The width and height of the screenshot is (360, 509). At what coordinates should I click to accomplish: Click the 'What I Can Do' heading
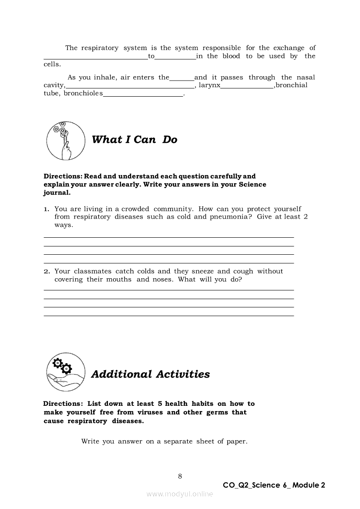pyautogui.click(x=135, y=139)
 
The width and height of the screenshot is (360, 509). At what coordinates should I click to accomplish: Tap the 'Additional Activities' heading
pyautogui.click(x=150, y=374)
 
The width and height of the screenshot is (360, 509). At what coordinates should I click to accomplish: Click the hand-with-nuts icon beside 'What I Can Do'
pyautogui.click(x=66, y=140)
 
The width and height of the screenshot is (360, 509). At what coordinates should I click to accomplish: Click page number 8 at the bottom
pyautogui.click(x=180, y=476)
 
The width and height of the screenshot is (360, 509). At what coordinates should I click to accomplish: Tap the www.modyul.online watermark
pyautogui.click(x=180, y=494)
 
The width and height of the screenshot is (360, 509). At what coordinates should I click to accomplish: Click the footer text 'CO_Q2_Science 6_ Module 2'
pyautogui.click(x=274, y=485)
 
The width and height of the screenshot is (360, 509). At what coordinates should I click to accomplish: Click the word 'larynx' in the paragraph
pyautogui.click(x=209, y=85)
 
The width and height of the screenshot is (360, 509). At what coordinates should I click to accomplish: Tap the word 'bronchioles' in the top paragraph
pyautogui.click(x=84, y=94)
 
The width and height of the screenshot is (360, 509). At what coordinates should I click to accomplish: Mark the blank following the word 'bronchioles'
pyautogui.click(x=143, y=95)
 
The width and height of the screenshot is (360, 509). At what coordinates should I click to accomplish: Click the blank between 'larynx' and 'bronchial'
pyautogui.click(x=247, y=87)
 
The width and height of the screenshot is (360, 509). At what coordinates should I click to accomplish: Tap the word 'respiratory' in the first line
pyautogui.click(x=100, y=48)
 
